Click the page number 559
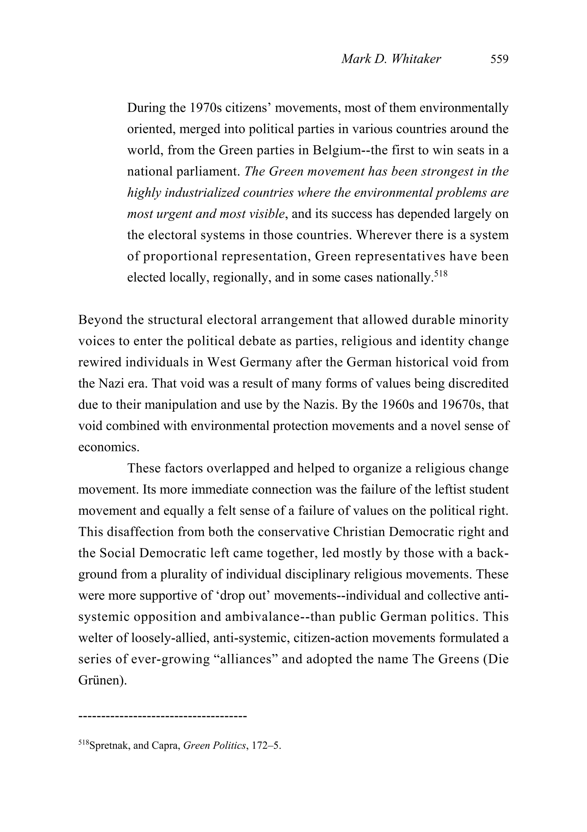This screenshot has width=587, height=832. coord(499,59)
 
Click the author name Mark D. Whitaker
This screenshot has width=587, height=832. coord(391,59)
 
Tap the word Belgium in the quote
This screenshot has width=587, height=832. coord(336,150)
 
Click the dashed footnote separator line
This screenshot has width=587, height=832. coord(162,716)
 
